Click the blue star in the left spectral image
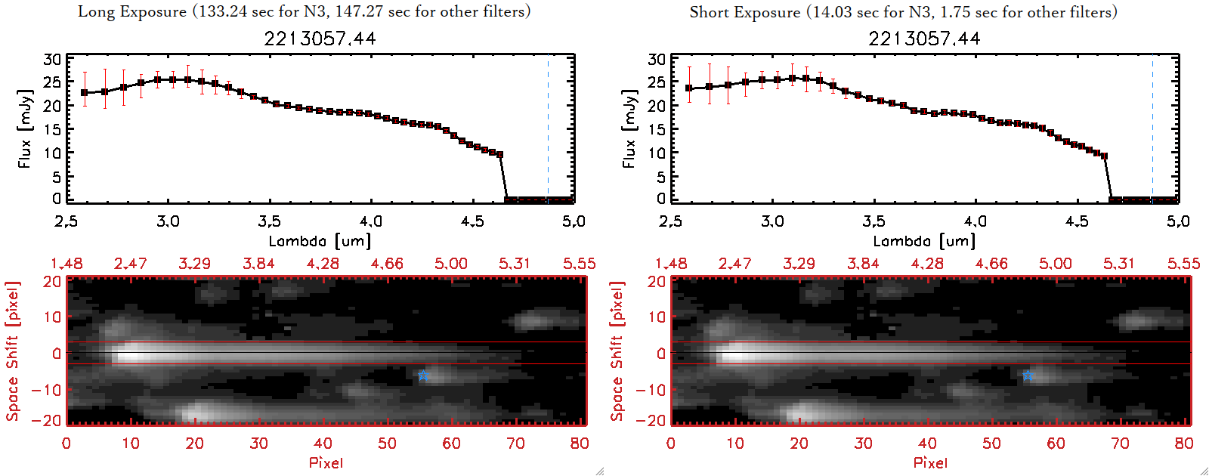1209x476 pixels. pos(423,376)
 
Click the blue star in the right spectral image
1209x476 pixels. pos(1028,376)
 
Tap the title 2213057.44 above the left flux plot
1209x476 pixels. pos(320,39)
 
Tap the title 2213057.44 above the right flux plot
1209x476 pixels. pos(924,39)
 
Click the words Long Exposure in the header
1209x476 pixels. pos(132,12)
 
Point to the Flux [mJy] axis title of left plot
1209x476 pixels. pos(25,128)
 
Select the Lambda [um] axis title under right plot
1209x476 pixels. pos(924,241)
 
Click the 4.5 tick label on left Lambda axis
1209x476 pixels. pos(472,221)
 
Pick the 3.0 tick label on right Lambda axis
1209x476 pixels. pos(772,221)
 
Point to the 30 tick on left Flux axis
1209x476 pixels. pos(52,60)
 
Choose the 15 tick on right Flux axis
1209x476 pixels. pos(657,129)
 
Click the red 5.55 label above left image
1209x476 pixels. pos(579,264)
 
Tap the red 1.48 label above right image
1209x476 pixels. pos(671,264)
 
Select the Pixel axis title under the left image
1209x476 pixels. pos(326,462)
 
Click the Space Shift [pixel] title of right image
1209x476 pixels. pos(617,351)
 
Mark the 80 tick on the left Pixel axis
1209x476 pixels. pos(580,444)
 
